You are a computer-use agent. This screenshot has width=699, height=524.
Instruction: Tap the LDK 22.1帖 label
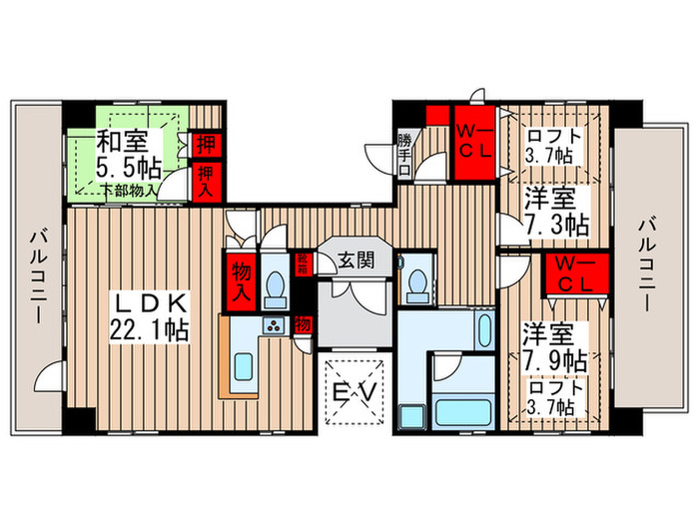click(x=151, y=312)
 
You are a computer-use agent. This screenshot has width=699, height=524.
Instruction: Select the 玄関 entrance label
click(x=354, y=261)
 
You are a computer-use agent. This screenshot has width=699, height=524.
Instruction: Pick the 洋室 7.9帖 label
click(x=552, y=344)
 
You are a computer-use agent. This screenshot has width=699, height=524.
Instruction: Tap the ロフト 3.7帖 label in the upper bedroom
click(x=550, y=146)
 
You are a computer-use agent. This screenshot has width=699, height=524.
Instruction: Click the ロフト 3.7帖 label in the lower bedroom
click(x=550, y=398)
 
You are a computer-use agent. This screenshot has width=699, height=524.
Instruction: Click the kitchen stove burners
click(x=272, y=326)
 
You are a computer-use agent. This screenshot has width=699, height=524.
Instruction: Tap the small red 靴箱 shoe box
click(x=302, y=264)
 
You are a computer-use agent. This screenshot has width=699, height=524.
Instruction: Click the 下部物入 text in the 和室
click(x=129, y=189)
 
